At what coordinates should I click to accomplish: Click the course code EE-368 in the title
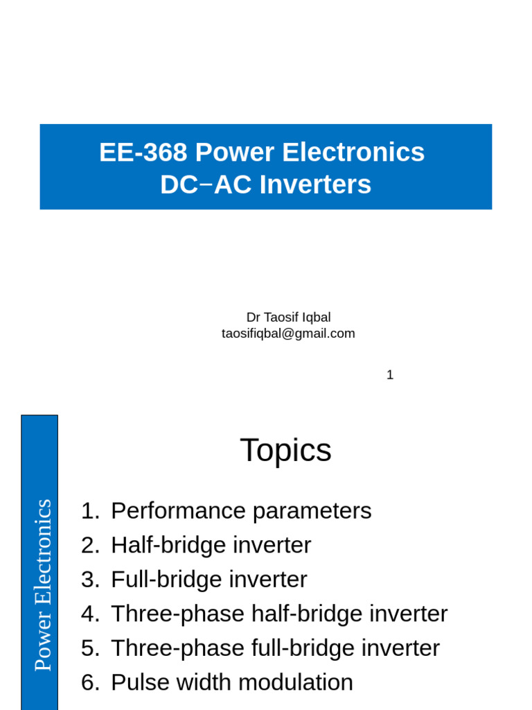coord(143,153)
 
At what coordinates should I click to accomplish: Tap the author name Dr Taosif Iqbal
coord(288,317)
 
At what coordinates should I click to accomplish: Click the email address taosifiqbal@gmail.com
coord(288,334)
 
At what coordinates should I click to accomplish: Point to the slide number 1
coord(390,375)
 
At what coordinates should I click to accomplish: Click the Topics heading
coord(285,451)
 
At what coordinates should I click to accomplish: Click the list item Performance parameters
coord(241,511)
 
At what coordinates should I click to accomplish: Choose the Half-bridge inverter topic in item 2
coord(211,545)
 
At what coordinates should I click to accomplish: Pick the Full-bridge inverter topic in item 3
coord(209,579)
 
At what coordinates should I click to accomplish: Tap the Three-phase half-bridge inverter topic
coord(279,614)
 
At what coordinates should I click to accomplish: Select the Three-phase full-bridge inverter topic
coord(275,648)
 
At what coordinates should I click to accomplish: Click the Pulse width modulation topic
coord(231,682)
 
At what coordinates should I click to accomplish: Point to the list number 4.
coord(90,614)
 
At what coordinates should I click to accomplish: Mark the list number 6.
coord(90,682)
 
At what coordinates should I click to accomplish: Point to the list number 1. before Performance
coord(90,511)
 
